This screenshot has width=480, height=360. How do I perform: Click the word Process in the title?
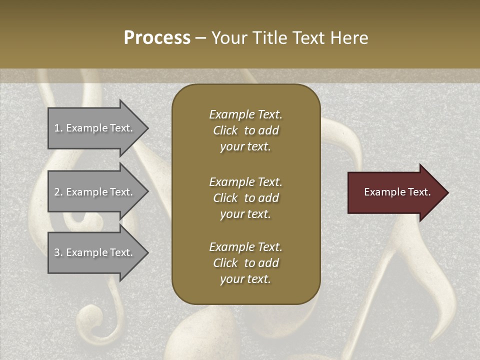coord(157,38)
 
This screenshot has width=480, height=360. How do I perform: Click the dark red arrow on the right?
coord(395,192)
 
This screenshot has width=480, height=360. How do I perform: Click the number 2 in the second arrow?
coord(57,192)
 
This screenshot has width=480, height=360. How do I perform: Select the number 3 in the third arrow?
coord(57,252)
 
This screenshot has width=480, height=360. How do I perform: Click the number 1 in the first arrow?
coord(57,128)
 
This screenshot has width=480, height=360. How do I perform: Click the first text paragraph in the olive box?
coord(245,130)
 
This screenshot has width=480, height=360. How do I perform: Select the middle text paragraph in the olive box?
coord(245,198)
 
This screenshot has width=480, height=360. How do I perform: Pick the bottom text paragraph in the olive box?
coord(245,263)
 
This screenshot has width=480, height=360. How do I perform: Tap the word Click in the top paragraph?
coord(225,130)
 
